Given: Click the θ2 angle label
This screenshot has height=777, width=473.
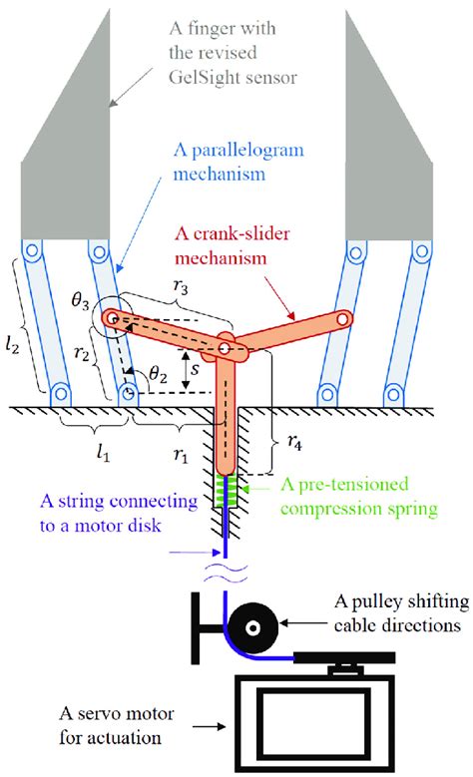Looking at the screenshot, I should tap(158, 375).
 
